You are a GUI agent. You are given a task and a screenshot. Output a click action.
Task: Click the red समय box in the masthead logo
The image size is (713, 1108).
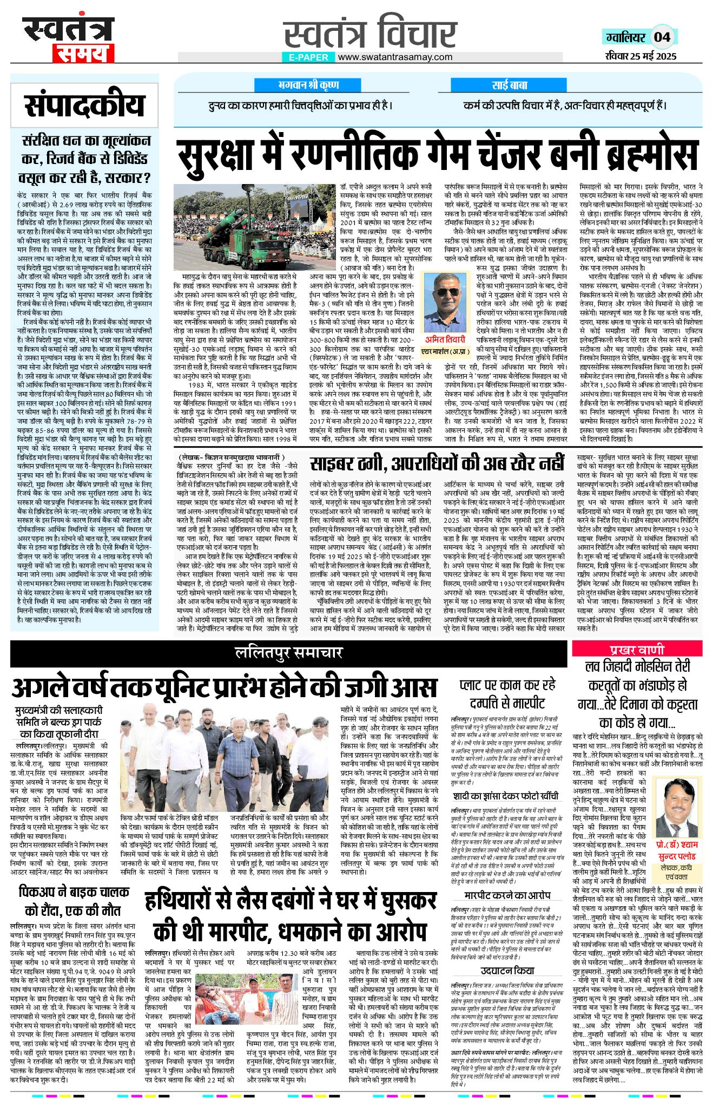pos(83,53)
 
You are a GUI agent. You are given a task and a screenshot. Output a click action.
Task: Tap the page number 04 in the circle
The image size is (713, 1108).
pos(662,37)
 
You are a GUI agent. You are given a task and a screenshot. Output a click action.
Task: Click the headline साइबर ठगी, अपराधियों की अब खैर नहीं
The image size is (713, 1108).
pos(437,464)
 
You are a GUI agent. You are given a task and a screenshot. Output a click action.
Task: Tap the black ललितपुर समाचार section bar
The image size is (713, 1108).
pos(289,653)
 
